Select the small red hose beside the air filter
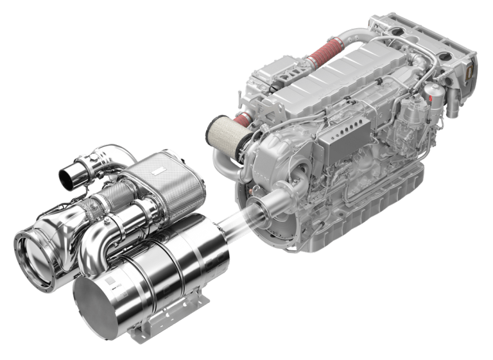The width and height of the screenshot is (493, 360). coord(243,119)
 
